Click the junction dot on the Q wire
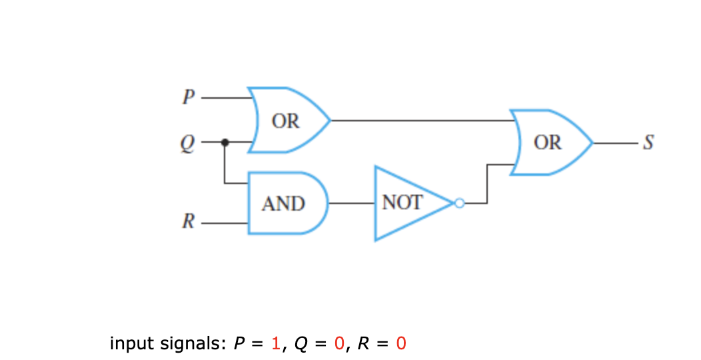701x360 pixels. click(225, 142)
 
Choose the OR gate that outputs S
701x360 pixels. click(549, 143)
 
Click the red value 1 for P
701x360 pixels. click(275, 344)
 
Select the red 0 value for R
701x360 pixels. click(400, 344)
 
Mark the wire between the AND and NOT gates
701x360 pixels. click(352, 202)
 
